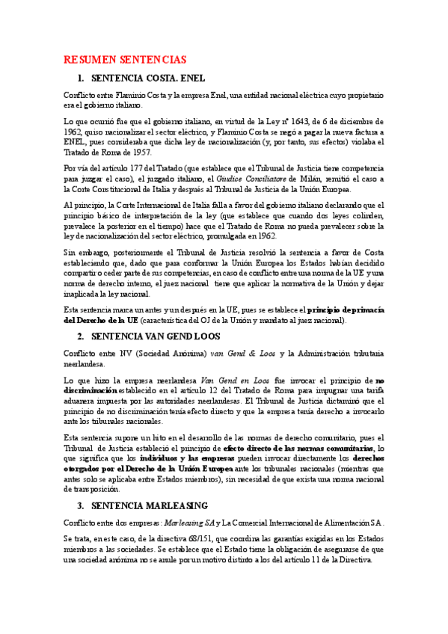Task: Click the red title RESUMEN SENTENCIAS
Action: click(125, 60)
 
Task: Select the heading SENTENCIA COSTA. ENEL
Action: click(147, 78)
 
